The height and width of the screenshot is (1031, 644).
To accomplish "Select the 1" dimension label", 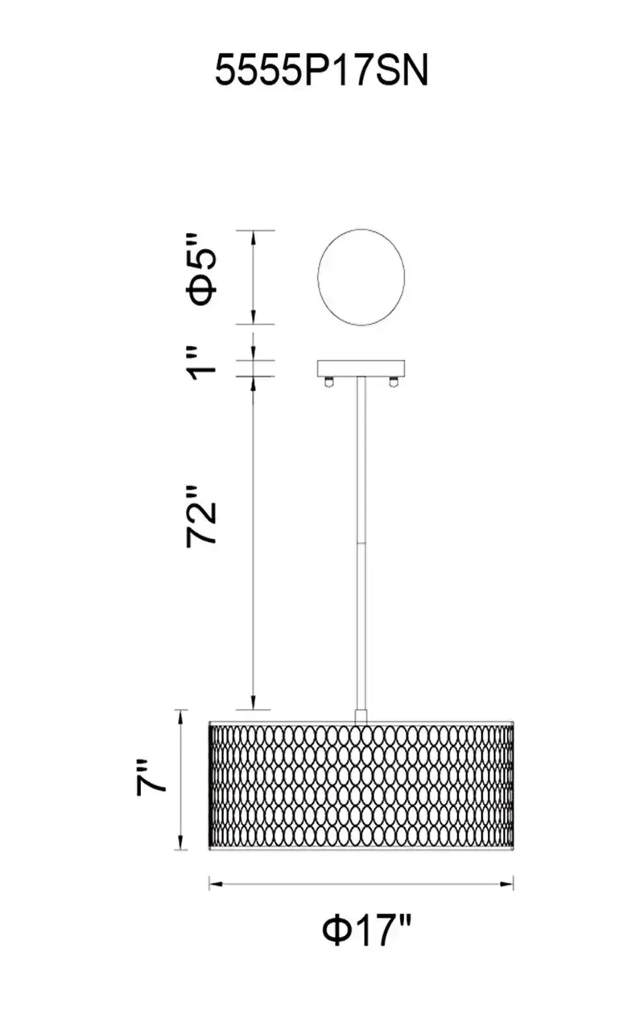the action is point(202,364).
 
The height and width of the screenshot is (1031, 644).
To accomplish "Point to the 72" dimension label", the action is point(201,516).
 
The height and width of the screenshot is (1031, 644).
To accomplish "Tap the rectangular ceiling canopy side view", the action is point(361,368).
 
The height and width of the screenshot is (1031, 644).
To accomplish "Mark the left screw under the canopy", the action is point(328,382).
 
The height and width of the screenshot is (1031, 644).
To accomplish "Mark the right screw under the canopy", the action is point(394,382).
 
